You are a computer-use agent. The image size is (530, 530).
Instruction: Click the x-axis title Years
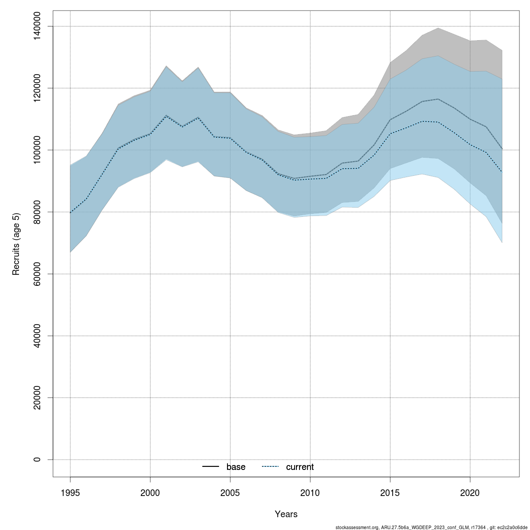pos(286,514)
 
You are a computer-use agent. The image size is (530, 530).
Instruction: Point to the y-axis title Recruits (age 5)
pos(16,244)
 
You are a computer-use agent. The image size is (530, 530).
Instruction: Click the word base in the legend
pos(236,467)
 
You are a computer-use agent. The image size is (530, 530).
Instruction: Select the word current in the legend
pos(300,467)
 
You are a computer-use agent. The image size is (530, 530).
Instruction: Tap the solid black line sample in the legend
pos(211,467)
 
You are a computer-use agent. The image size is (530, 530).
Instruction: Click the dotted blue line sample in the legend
pos(270,467)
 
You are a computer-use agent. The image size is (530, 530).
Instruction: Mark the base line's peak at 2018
pos(438,99)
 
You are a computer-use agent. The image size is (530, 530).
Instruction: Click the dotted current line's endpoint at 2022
pos(502,172)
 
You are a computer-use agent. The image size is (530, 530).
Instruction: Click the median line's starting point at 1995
pos(70,213)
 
